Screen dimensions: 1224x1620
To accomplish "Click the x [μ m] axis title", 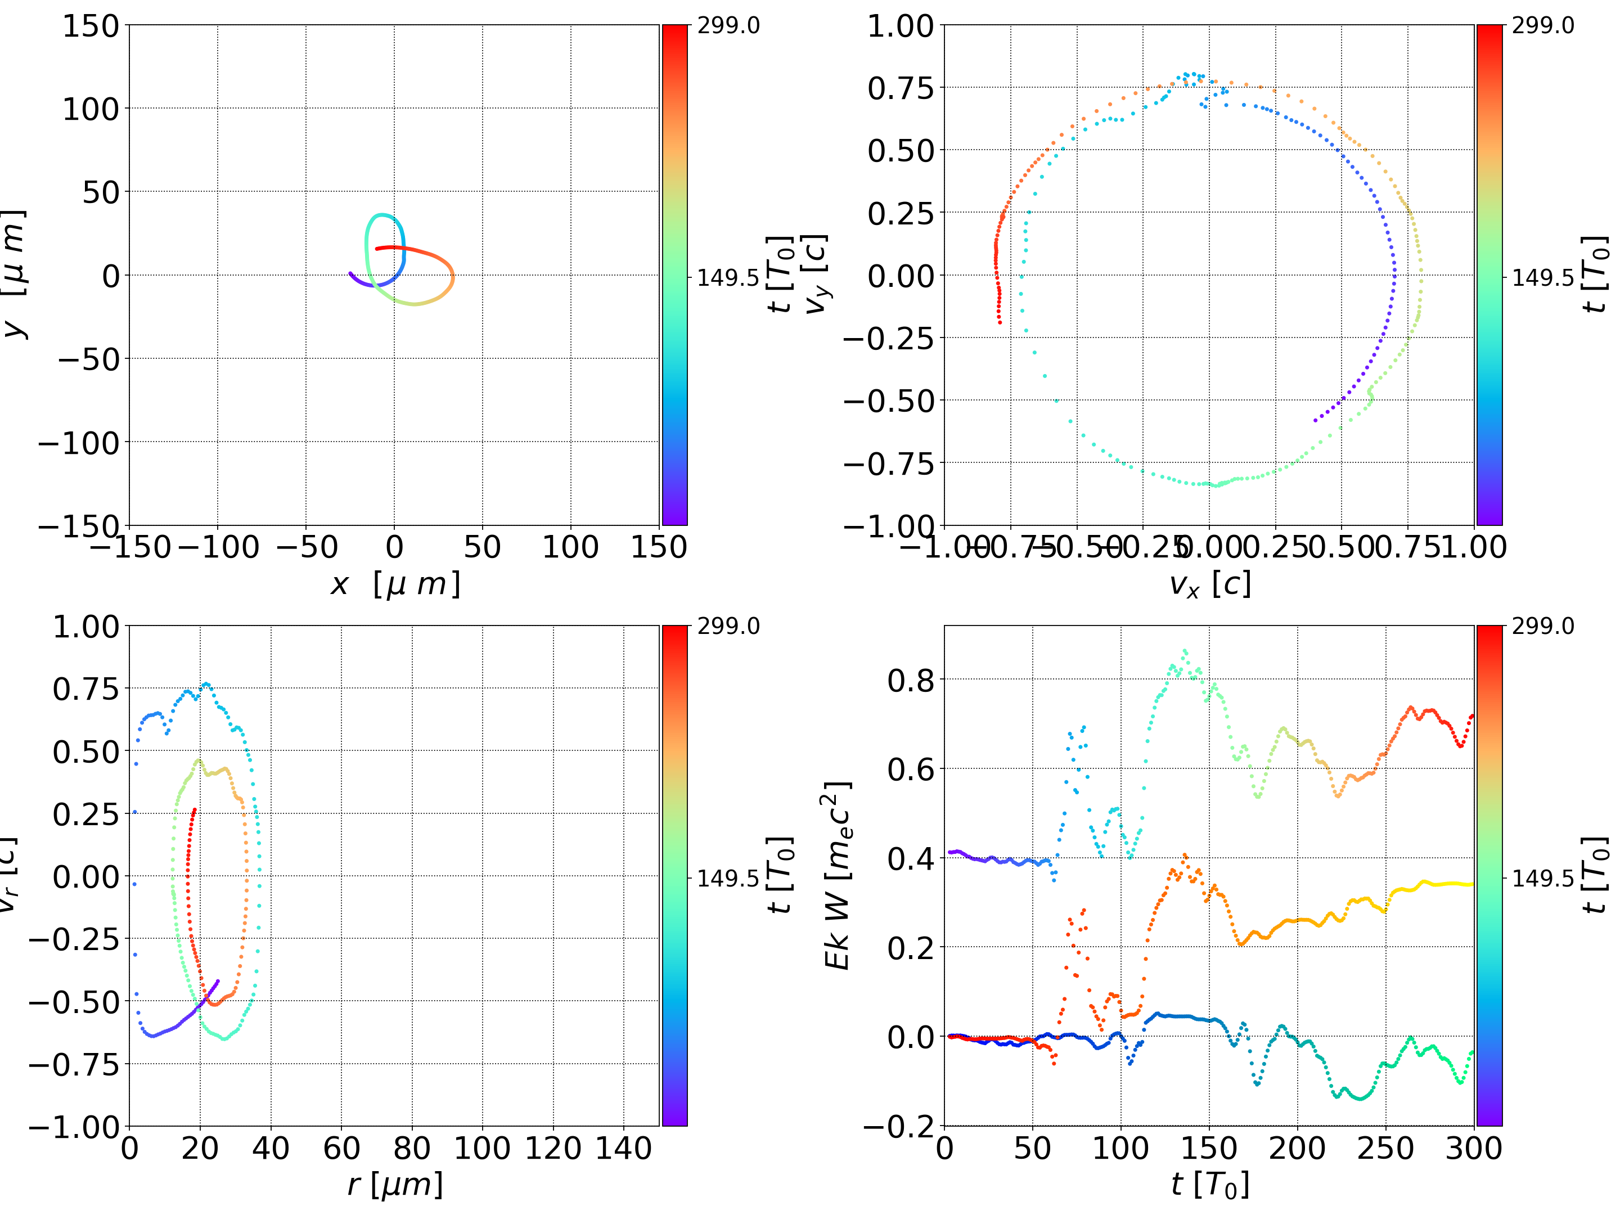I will point(395,584).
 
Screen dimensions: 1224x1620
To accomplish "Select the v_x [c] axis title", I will point(1209,584).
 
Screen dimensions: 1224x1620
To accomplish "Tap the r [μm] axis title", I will point(395,1185).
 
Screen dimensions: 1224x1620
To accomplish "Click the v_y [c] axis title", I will point(815,274).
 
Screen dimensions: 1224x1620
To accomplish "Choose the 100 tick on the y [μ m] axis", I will point(90,109).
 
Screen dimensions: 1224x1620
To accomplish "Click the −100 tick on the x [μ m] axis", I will point(218,547).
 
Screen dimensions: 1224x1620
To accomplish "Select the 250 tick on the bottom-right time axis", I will point(1385,1148).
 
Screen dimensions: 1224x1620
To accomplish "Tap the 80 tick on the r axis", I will point(412,1148).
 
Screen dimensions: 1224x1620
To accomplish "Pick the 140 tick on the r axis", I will point(623,1148).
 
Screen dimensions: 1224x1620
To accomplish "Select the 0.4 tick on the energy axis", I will point(911,858).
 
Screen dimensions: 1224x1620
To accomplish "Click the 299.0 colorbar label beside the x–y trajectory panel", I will point(728,26).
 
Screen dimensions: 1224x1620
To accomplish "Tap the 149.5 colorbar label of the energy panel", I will point(1542,877).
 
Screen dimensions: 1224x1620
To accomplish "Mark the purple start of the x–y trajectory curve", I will point(350,273).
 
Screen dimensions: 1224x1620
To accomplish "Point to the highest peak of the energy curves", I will point(1185,650).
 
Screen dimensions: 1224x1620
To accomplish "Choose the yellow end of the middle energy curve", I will point(1470,884).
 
